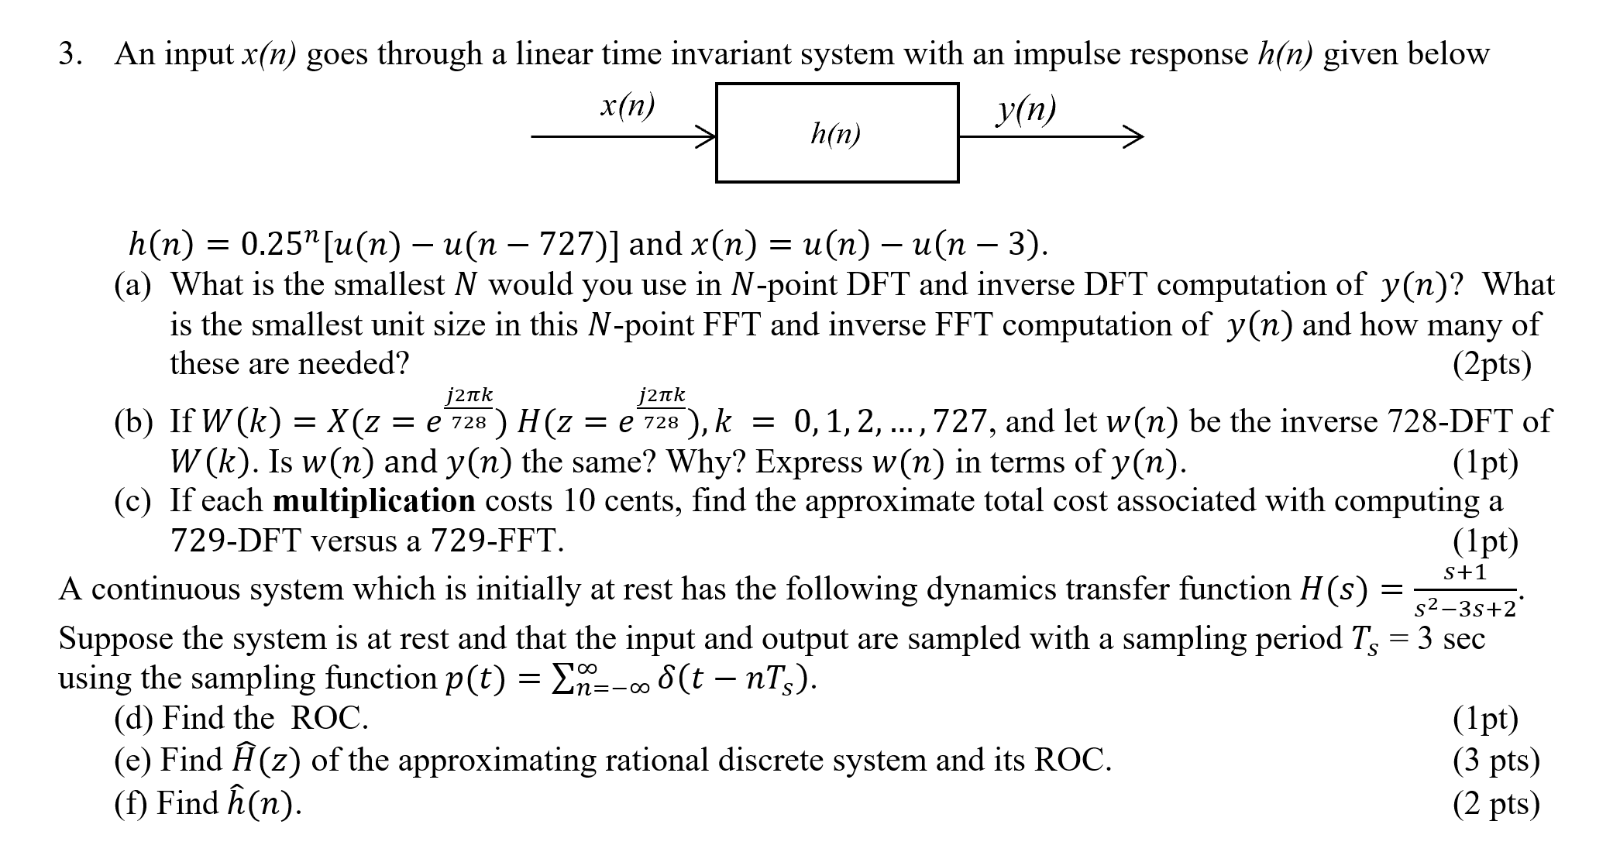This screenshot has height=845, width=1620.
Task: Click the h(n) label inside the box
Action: click(835, 135)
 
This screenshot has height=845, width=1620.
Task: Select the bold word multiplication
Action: click(373, 501)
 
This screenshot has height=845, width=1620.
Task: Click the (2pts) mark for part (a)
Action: click(1491, 364)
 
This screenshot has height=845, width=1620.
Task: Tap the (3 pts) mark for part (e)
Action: click(1495, 760)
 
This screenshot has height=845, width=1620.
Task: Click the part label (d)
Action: click(132, 719)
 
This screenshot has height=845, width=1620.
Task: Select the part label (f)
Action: click(131, 803)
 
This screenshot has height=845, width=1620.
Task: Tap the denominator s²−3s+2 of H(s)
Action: click(1464, 609)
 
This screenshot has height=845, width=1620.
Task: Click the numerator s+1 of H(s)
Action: click(1465, 572)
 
